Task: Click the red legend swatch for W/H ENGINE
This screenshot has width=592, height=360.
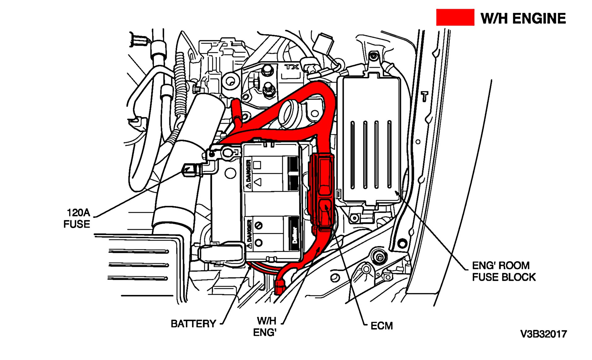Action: [455, 17]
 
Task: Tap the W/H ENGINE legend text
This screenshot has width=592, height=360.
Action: [523, 19]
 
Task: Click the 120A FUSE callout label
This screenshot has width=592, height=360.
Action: [77, 218]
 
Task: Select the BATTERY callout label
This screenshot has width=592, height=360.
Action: [193, 324]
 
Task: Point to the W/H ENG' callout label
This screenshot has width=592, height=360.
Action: [265, 327]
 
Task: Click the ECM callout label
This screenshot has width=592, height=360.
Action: [382, 326]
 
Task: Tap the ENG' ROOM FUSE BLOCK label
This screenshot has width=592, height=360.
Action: [503, 271]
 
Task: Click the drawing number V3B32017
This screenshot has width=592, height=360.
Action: [543, 334]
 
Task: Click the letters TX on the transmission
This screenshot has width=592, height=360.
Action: [292, 67]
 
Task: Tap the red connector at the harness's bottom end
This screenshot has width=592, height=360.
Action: [279, 286]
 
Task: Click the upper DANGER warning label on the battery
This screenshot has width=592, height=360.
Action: [248, 175]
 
